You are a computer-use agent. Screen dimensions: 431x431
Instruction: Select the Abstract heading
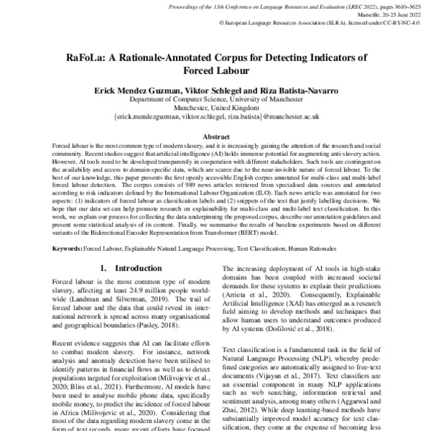215,136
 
